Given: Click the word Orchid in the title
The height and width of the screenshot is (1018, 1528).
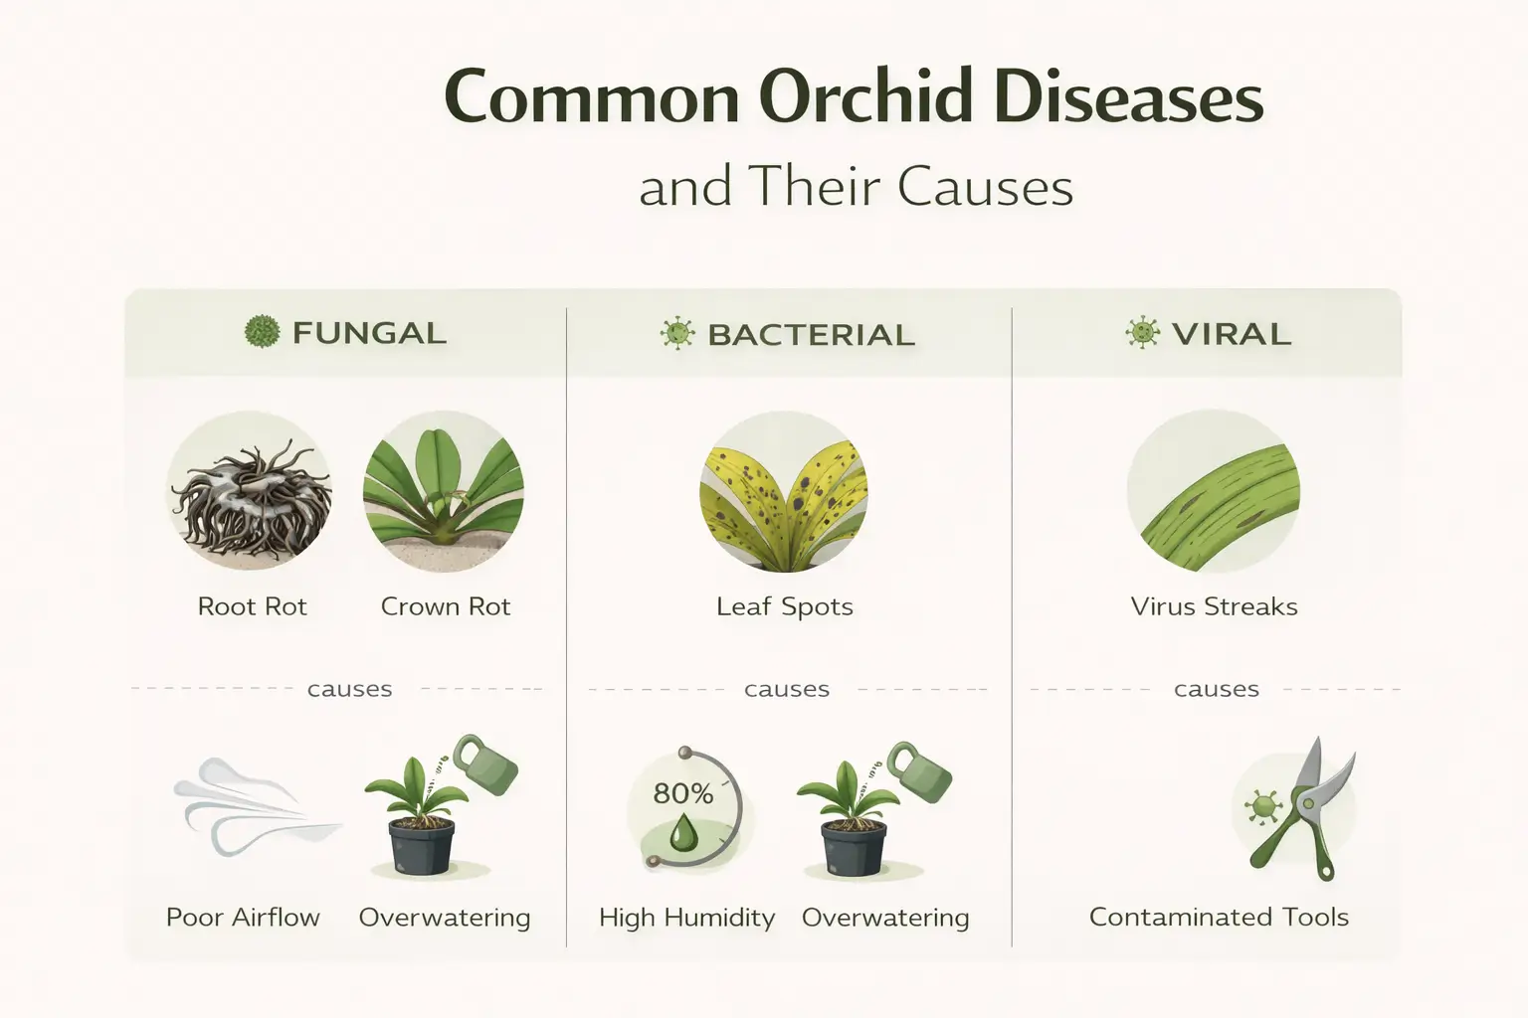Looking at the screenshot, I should [x=864, y=98].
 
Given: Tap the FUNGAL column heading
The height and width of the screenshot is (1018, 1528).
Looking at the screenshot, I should [x=369, y=333].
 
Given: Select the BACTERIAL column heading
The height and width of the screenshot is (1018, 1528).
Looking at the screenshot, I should [x=811, y=335].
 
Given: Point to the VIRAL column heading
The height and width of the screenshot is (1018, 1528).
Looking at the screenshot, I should [x=1231, y=334].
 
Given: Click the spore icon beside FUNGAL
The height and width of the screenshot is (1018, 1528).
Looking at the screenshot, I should [x=262, y=332].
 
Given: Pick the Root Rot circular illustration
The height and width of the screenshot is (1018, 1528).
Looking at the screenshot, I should [x=250, y=492].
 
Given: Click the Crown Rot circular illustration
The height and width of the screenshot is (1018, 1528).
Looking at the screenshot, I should [x=444, y=492].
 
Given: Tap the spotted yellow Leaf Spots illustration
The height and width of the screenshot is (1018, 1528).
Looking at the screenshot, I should [x=785, y=492].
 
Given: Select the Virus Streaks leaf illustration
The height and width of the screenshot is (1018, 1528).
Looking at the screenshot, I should [x=1214, y=492].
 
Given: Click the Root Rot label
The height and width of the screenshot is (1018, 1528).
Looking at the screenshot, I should [x=253, y=606].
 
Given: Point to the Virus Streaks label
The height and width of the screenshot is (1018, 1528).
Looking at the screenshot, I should [x=1214, y=606].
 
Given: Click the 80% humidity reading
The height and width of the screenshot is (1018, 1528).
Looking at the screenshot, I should [x=683, y=793].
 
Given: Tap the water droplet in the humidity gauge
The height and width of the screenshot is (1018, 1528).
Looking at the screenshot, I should [x=683, y=833].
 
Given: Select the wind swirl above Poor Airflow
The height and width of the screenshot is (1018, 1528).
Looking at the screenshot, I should [x=249, y=805].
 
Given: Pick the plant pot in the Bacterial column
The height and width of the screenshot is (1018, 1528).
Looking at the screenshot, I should [x=854, y=847].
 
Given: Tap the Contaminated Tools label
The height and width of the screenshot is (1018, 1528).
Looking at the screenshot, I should [x=1219, y=917].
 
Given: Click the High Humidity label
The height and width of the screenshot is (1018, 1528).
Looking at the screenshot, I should [x=686, y=918].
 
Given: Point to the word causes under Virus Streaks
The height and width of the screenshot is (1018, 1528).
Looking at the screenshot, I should [x=1216, y=689].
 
